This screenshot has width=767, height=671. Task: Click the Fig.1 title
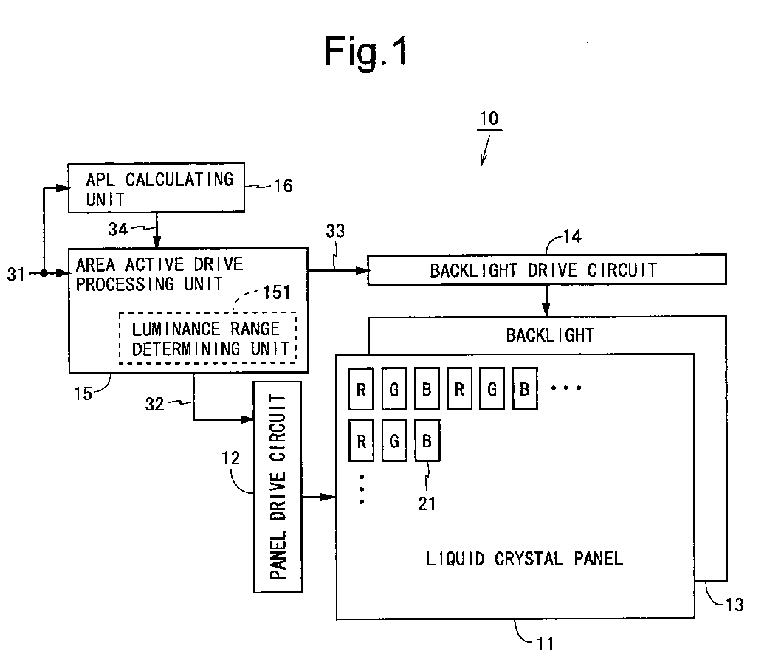[366, 52]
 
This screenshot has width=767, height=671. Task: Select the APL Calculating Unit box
[156, 187]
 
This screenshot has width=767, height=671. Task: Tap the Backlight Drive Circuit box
[547, 269]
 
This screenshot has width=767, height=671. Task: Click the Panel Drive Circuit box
[278, 487]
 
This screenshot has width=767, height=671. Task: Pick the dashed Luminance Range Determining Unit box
[208, 338]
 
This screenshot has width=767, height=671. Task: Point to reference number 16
[283, 186]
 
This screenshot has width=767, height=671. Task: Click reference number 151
[277, 292]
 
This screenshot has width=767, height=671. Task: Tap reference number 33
[336, 231]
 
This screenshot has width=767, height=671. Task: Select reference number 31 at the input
[16, 275]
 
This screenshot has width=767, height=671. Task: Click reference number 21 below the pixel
[427, 503]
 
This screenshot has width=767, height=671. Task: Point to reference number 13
[735, 605]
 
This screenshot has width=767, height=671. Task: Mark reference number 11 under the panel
[546, 644]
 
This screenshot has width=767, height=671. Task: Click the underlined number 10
[489, 119]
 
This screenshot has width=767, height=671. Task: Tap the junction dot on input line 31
[44, 273]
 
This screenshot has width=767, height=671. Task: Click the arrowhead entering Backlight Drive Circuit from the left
[362, 270]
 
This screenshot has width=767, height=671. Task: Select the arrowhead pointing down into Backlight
[546, 310]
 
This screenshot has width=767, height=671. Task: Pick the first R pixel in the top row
[361, 389]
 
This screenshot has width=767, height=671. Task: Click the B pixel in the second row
[427, 441]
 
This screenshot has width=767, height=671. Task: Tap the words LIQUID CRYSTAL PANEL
[524, 559]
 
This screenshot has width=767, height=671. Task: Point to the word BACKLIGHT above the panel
[550, 335]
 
